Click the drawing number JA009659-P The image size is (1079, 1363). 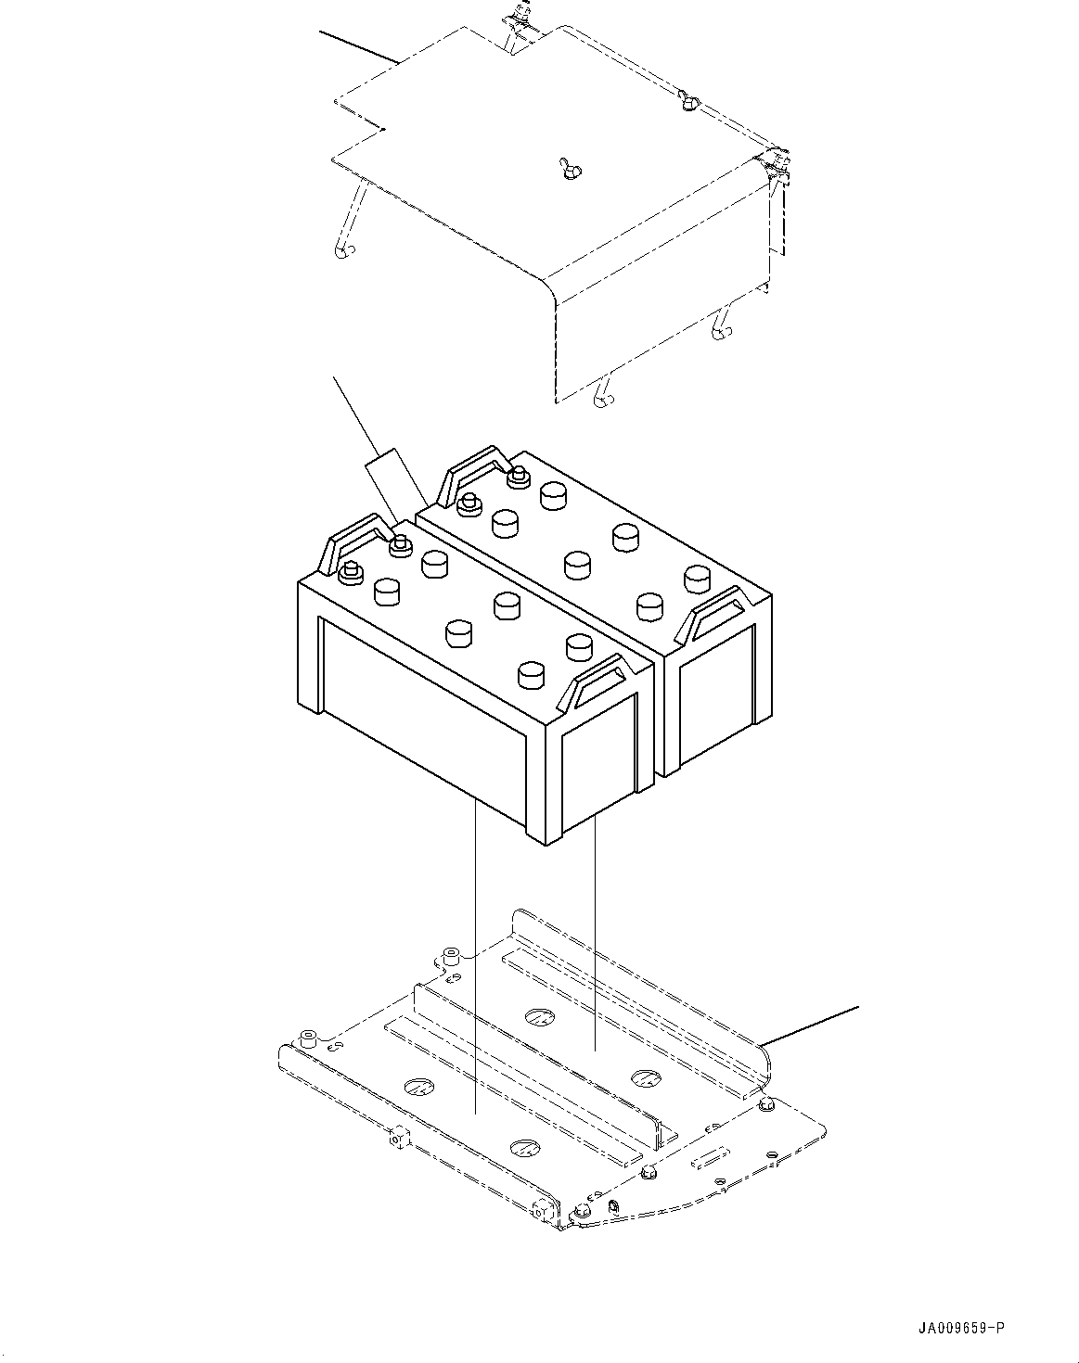pos(957,1329)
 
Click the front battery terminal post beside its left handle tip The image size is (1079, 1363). pos(400,543)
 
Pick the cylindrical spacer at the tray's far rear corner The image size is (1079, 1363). pos(452,955)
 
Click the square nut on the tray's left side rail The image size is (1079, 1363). pos(399,1139)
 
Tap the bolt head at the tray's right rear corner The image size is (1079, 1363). pos(765,1105)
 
